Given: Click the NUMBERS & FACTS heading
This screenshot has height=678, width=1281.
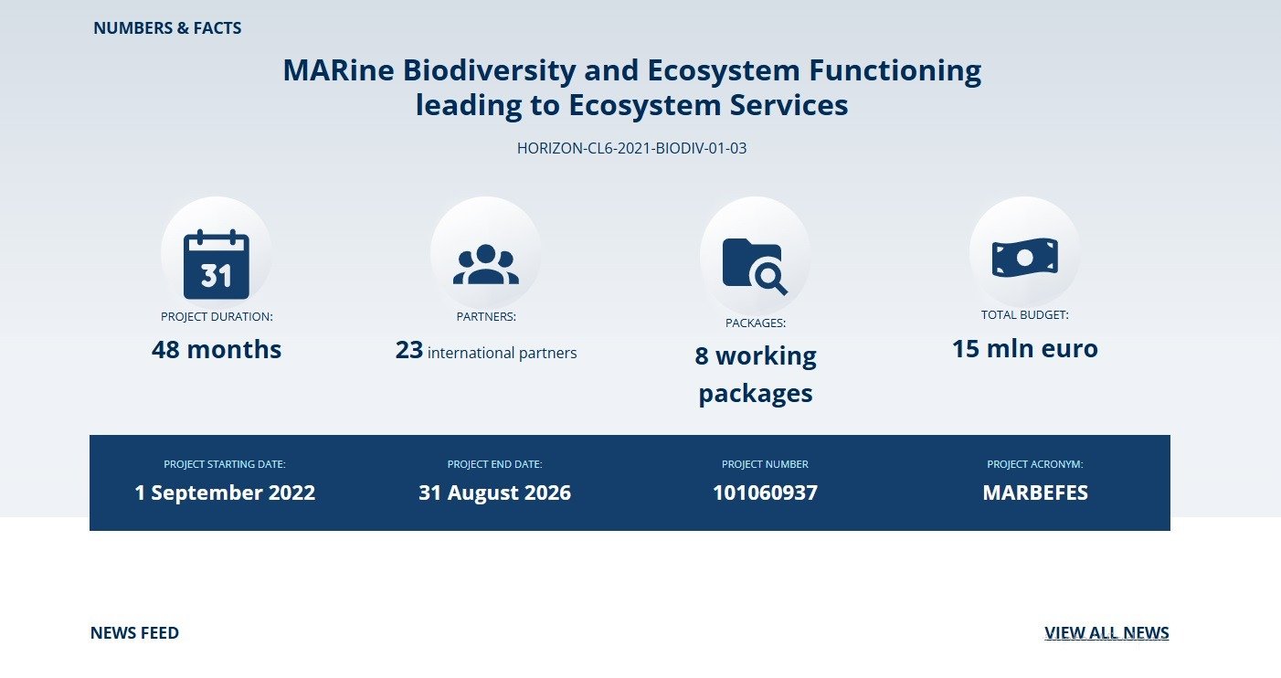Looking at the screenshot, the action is point(167,28).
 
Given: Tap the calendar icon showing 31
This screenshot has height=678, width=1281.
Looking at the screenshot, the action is point(217,264).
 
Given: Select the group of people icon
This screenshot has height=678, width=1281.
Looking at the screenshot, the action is point(486,264).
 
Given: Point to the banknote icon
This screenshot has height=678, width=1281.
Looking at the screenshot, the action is point(1025,258).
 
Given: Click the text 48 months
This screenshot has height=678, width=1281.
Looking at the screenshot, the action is point(217,349).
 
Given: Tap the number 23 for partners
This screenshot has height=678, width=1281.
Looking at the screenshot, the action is point(409,350).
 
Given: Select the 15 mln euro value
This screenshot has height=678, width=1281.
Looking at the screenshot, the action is point(1025,349).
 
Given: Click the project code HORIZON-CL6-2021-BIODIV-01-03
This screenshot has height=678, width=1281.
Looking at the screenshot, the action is point(632,148).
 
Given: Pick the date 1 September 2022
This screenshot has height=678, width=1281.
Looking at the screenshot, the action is point(225,493).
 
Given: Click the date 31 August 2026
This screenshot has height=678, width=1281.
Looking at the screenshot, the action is point(494,493).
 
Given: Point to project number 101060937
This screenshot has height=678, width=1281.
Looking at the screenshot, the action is point(765,493).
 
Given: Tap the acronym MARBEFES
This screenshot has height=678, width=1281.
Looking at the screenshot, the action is point(1035,493).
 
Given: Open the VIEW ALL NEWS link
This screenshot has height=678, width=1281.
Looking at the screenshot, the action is point(1106,633).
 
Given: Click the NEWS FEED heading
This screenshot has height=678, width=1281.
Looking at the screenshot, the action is point(134,633).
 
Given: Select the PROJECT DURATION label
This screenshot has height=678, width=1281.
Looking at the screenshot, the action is point(217,317).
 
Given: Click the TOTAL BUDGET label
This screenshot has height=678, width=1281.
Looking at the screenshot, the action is point(1025,315).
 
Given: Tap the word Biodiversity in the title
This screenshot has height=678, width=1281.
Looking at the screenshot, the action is point(489,71).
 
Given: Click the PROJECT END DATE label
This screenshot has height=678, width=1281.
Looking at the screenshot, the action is point(494,464).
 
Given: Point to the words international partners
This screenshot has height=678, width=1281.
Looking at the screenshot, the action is point(503,354).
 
